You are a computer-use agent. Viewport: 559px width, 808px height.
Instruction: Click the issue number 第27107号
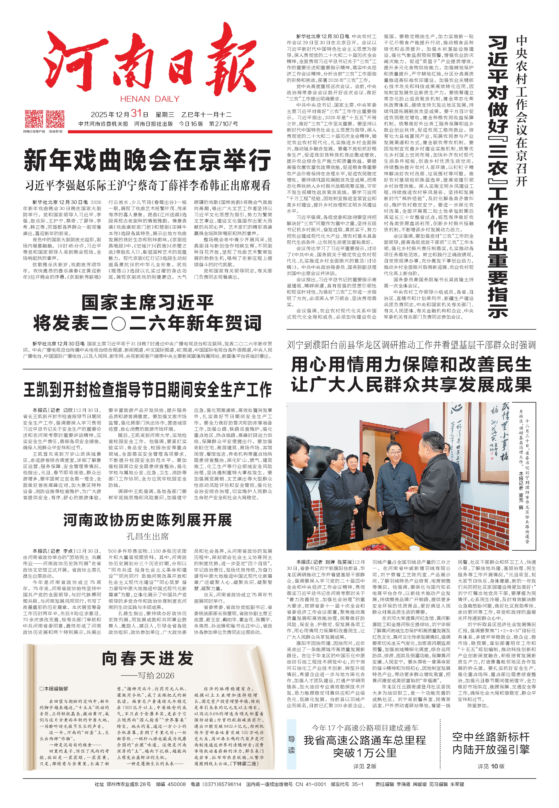(223, 124)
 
